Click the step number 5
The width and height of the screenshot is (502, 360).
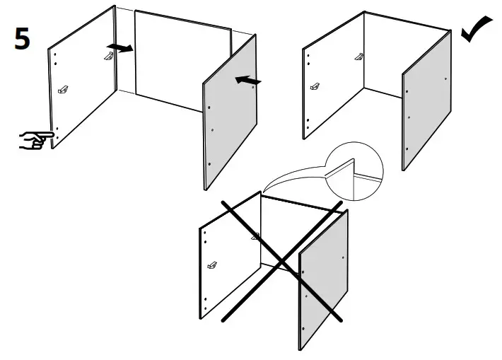(23, 39)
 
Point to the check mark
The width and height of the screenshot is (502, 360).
(477, 29)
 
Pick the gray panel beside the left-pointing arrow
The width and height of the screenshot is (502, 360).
(230, 113)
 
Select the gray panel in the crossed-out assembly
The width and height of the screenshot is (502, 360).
(325, 283)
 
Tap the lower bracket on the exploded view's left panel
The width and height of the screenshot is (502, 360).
(64, 90)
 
